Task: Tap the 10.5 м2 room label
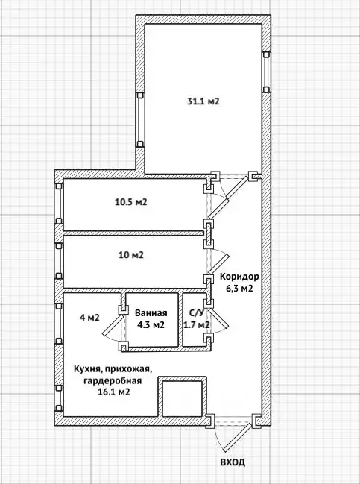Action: click(130, 202)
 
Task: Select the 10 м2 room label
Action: click(131, 255)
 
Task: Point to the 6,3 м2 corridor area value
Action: click(238, 289)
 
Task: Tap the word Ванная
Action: click(151, 314)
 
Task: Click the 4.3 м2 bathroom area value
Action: click(151, 325)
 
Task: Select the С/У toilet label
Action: click(196, 314)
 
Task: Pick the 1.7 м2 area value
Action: click(196, 325)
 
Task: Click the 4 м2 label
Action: click(89, 318)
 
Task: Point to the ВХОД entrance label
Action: click(232, 462)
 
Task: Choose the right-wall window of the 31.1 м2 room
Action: click(266, 71)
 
